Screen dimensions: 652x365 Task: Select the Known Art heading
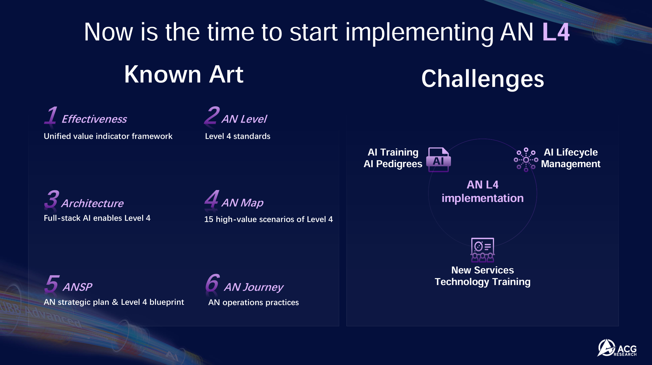coord(184,74)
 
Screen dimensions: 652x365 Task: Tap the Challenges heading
coord(483,79)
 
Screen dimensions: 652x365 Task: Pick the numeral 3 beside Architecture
coord(52,199)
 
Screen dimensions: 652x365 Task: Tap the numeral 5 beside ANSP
coord(52,284)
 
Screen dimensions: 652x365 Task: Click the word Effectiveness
coord(94,119)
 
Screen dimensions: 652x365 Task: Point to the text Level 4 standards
coord(238,136)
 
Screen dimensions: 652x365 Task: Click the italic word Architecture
coord(92,203)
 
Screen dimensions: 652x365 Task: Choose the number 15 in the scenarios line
coord(209,219)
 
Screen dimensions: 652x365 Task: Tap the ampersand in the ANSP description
coord(115,302)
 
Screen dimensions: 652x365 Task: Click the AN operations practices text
coord(254,302)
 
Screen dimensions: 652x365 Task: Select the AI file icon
coord(438,160)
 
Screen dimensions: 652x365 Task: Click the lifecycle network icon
coord(526,160)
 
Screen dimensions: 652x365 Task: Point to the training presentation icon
coord(483,250)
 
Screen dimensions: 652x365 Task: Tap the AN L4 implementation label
coord(483,191)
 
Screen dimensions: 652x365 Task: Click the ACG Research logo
coord(617,348)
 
